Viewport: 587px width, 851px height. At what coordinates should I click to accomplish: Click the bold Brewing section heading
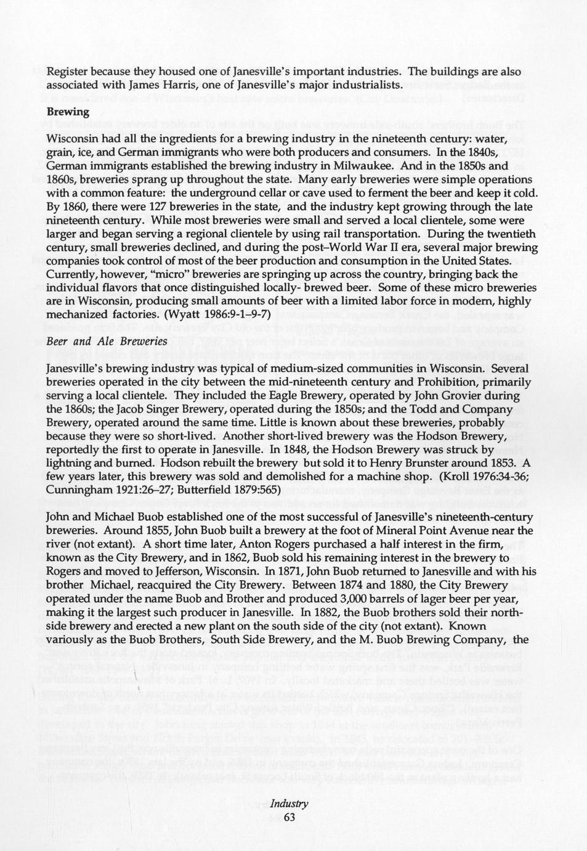(x=68, y=112)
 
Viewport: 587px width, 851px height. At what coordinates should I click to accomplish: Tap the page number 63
(x=289, y=817)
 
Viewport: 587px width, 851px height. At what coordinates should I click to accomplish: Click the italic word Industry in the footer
(x=289, y=804)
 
